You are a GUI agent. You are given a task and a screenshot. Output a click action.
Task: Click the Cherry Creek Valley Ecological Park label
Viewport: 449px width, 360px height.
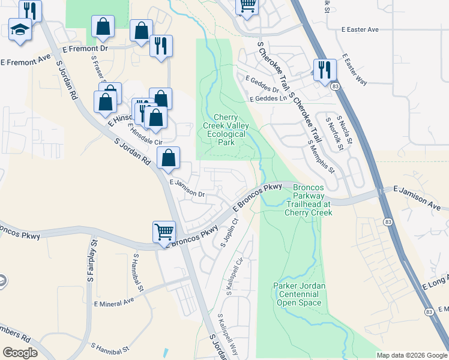(231, 130)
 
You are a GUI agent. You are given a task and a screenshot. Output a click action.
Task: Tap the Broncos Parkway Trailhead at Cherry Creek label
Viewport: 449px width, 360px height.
(309, 200)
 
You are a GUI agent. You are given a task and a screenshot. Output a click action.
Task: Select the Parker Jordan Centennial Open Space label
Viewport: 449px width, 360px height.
(299, 295)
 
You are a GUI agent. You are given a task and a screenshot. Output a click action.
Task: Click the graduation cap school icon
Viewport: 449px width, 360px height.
(20, 29)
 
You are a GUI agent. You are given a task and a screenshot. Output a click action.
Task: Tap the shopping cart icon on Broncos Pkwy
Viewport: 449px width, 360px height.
(164, 231)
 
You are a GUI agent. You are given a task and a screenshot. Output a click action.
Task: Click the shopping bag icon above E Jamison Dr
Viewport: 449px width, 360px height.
(169, 158)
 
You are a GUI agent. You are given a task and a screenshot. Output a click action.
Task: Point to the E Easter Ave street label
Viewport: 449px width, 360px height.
(361, 29)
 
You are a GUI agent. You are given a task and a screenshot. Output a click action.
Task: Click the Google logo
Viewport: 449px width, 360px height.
(20, 353)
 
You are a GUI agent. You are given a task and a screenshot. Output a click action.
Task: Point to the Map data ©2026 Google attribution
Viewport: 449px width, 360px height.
(412, 355)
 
